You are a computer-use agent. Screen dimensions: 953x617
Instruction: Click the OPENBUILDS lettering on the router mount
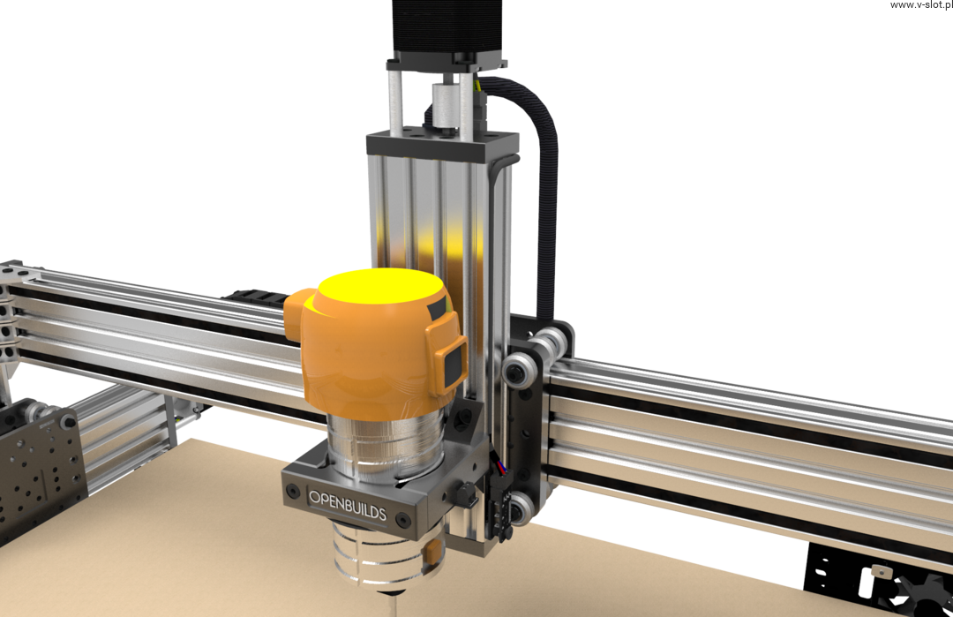pos(348,506)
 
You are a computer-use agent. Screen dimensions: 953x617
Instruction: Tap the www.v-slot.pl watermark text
pos(921,5)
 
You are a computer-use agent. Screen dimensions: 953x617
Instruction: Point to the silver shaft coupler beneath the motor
pos(444,108)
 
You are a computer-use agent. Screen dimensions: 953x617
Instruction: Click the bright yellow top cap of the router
pos(381,286)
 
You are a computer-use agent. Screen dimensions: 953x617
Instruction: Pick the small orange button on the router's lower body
pos(432,553)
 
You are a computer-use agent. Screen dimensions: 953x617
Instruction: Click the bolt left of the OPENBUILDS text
pos(293,490)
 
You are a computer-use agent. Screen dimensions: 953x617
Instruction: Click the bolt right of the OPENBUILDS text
pos(401,520)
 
